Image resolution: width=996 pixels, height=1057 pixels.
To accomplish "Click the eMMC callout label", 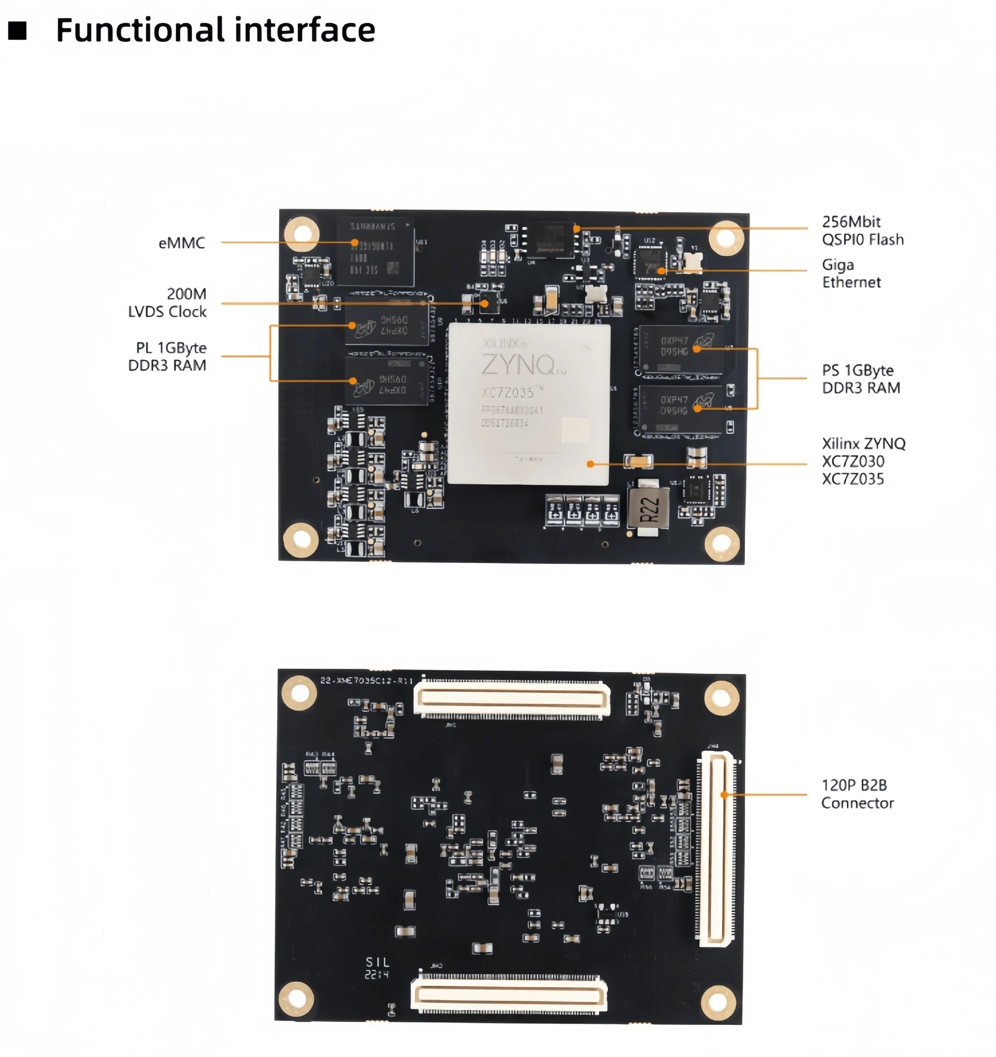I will point(182,243).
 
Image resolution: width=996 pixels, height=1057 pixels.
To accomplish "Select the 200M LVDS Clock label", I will point(167,303).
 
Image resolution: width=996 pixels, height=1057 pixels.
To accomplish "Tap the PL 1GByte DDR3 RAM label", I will point(167,356).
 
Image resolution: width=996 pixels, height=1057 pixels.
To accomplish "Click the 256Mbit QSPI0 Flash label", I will point(862,230).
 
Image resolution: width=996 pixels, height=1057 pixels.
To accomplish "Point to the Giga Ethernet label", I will point(851,273).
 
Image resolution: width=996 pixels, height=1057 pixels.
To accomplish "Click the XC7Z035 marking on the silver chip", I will point(508,393).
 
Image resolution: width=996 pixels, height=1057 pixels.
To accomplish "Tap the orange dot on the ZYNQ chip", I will point(590,464).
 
